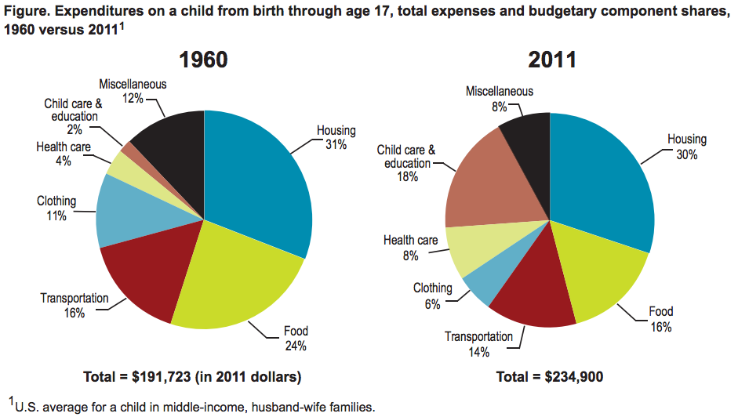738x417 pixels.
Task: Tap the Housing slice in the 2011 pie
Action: (x=604, y=180)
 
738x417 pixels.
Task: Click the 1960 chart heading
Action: (x=203, y=60)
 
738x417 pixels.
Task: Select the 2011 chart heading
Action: (x=551, y=60)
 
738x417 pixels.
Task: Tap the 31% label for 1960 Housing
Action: (x=336, y=143)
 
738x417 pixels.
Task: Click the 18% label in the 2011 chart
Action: (x=406, y=177)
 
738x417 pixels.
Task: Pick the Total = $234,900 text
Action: (x=550, y=377)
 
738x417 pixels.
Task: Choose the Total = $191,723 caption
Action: (x=192, y=377)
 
